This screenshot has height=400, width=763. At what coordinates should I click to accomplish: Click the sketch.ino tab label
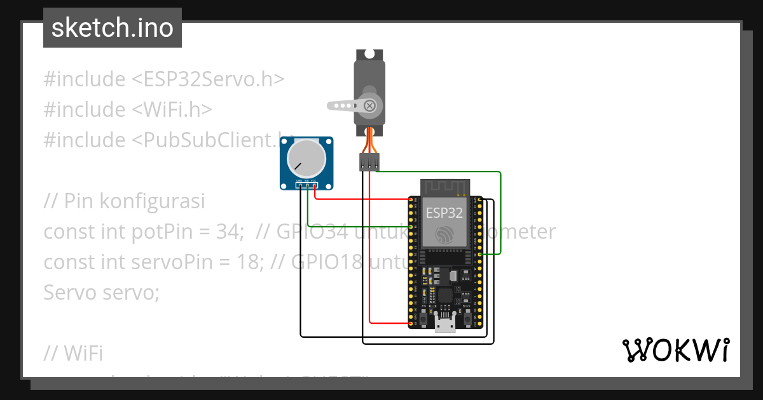tap(113, 28)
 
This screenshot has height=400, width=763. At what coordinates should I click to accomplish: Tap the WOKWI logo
tap(675, 350)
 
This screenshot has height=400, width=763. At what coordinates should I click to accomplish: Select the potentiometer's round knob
tap(305, 158)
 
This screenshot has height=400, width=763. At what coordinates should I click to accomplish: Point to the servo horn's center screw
tap(369, 105)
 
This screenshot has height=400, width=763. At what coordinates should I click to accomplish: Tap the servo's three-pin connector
tap(369, 161)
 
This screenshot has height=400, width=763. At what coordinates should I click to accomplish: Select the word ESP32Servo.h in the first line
tap(207, 79)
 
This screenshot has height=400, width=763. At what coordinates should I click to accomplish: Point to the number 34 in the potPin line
tap(228, 232)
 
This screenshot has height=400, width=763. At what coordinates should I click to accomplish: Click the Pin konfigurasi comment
tap(124, 201)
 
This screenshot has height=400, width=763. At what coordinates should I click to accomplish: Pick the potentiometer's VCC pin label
tap(314, 182)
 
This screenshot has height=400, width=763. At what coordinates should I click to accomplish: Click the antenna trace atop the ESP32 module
tap(444, 187)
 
